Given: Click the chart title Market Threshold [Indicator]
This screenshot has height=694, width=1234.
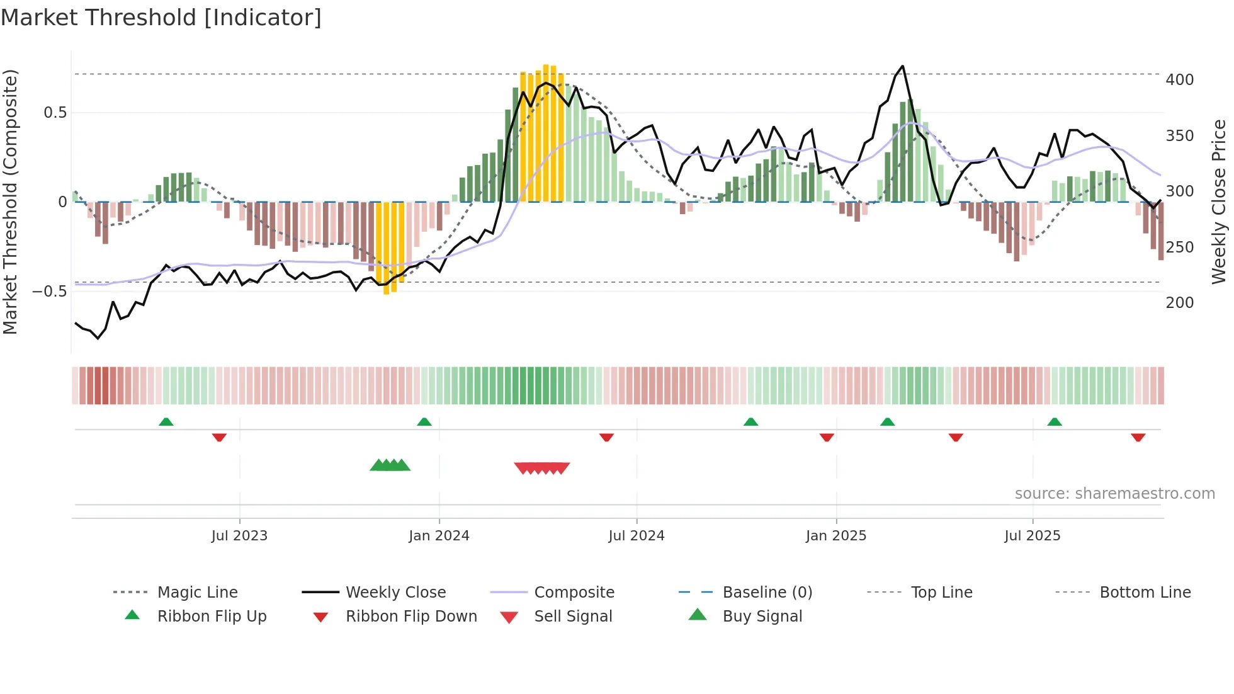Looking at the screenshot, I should click(161, 18).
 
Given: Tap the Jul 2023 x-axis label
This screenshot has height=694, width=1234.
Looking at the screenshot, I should click(239, 536).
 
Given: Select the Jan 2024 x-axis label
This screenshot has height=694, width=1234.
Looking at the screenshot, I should click(439, 536).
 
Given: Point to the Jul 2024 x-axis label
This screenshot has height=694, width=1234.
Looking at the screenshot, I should click(637, 536).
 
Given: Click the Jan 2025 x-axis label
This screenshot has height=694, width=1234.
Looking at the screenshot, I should click(836, 536).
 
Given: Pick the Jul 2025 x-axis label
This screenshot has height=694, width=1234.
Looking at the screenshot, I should click(1033, 536).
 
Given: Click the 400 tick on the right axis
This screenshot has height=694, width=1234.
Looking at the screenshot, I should click(1180, 80).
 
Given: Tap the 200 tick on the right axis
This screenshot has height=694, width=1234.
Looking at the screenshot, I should click(1180, 303).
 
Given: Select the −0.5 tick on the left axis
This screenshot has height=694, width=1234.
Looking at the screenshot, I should click(49, 292).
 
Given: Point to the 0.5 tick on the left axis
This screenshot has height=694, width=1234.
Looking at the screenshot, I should click(55, 113).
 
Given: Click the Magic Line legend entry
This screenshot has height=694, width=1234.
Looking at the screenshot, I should click(197, 593).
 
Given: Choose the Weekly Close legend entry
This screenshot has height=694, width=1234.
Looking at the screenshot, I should click(395, 593).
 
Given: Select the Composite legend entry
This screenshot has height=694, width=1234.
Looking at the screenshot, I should click(574, 593).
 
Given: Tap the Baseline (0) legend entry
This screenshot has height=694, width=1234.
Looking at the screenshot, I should click(767, 593).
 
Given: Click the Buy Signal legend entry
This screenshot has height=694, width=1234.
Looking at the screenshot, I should click(762, 617).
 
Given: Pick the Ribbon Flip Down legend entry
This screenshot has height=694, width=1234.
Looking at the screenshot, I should click(411, 617).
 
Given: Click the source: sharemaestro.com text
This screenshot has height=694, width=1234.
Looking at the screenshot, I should click(1115, 494).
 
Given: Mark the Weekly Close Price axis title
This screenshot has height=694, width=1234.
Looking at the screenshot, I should click(1220, 202).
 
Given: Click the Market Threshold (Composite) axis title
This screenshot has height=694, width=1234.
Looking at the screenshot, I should click(10, 202).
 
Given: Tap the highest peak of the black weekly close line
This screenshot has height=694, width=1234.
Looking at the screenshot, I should click(903, 66).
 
